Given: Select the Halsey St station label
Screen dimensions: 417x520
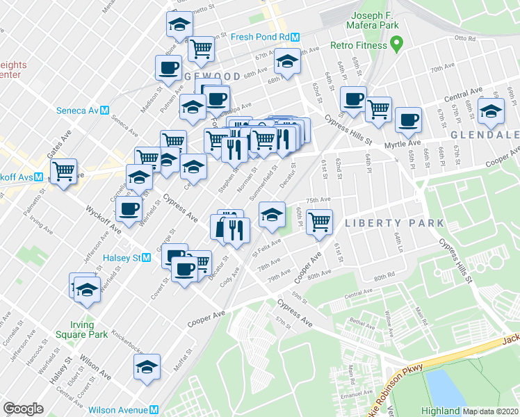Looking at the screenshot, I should (127, 258).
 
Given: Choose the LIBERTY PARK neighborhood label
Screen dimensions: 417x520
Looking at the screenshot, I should (394, 223).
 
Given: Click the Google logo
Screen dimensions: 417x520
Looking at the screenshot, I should (24, 409).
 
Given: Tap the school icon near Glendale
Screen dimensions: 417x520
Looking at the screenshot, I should (491, 111).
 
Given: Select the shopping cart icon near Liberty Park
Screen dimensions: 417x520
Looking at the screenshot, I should (319, 222).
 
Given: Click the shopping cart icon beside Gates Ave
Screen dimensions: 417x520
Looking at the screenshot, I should (63, 170).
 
